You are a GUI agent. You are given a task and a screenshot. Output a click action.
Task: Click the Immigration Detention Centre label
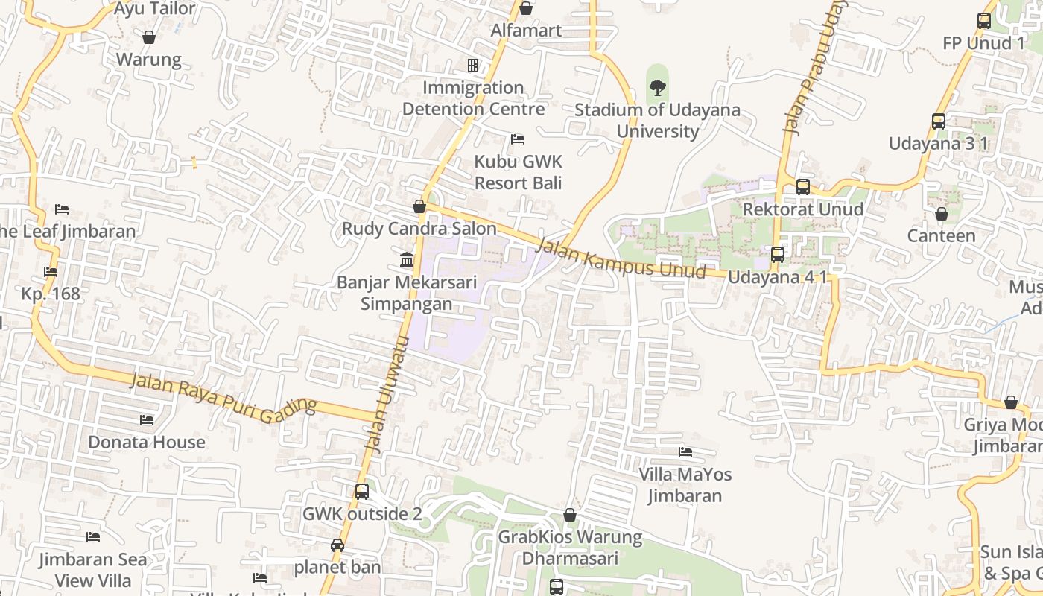tap(473, 98)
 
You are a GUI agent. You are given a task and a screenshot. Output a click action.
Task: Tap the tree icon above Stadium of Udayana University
tap(657, 88)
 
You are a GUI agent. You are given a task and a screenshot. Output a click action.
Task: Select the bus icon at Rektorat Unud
tap(802, 187)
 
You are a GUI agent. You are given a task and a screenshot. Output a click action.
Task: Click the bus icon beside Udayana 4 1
tap(777, 255)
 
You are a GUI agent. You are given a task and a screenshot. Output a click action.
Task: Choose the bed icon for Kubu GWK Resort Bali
tap(518, 139)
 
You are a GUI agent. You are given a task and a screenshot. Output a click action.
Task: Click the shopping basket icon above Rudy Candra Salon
tap(419, 206)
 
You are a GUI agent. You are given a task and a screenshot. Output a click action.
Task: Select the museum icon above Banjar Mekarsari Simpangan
tap(407, 260)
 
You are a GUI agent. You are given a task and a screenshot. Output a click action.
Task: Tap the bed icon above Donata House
tap(147, 420)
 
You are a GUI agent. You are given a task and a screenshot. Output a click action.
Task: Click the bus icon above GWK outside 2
tap(361, 492)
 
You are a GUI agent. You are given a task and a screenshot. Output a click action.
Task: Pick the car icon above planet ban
tap(337, 545)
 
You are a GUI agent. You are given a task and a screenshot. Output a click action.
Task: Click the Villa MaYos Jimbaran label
tap(685, 485)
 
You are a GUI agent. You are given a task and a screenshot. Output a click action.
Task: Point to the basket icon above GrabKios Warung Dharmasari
tap(570, 515)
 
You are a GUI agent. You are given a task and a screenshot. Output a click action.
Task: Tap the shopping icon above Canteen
tap(941, 215)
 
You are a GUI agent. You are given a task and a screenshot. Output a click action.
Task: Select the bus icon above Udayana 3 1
tap(938, 121)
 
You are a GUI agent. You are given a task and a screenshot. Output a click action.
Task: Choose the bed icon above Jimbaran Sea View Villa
tap(93, 537)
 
